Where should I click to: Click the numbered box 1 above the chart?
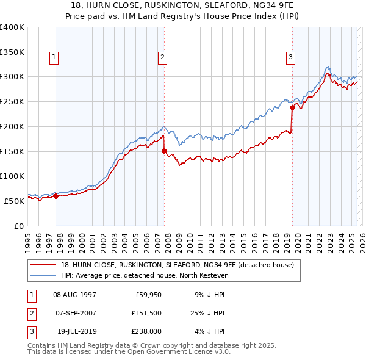click(55, 58)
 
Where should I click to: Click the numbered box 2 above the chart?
click(163, 58)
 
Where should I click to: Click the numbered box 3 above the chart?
click(290, 58)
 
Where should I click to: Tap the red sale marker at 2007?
click(164, 151)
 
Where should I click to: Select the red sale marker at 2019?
click(292, 107)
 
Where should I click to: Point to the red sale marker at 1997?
click(56, 196)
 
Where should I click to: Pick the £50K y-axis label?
click(13, 200)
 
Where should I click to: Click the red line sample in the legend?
click(44, 265)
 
